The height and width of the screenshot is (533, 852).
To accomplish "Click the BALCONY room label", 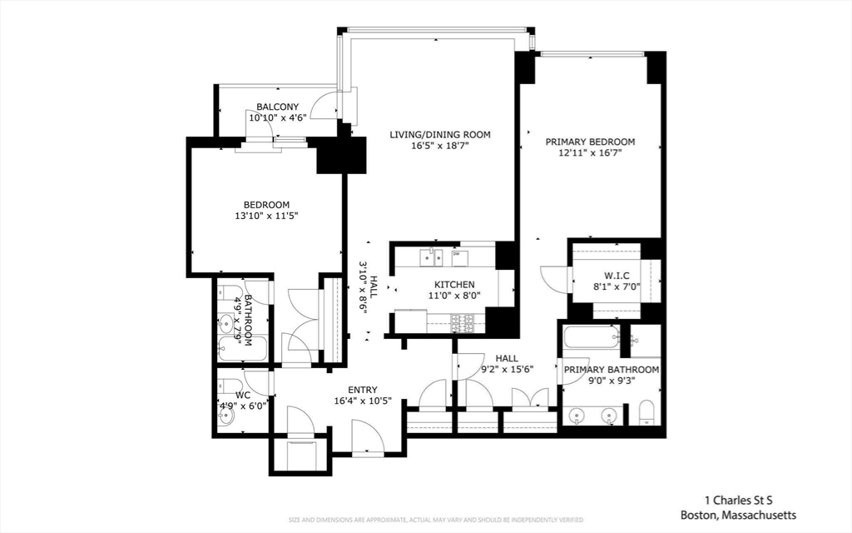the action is pos(278,107).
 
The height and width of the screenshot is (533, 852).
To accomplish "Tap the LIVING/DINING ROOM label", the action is pos(440,134).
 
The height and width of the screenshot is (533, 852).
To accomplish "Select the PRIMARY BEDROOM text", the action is pos(590,142).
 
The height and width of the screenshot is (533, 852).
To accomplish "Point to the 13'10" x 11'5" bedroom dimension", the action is pos(266,216).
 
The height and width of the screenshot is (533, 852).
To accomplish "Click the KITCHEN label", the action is pos(454,285).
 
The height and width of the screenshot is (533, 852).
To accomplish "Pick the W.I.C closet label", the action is pos(617,276).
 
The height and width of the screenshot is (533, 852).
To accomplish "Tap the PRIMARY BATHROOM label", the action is pos(612,370).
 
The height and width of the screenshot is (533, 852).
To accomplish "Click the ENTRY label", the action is pos(363,390).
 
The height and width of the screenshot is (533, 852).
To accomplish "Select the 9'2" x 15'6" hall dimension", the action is pos(507,369).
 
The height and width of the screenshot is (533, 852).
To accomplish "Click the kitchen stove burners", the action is pos(463,323).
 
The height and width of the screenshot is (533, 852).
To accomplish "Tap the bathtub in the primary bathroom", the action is pos(592,337).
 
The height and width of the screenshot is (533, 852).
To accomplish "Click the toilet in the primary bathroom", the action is pos(647,413).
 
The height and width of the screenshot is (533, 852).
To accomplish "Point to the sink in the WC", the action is pos(226,416).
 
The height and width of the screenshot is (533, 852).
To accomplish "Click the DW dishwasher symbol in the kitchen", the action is pos(459,258).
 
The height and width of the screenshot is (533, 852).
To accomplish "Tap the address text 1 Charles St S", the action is pos(739,501).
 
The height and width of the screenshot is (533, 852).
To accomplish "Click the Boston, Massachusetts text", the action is pos(739,515).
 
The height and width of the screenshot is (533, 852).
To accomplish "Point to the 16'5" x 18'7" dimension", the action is pos(440,146).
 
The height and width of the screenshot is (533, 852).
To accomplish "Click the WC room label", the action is pos(243,395).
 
